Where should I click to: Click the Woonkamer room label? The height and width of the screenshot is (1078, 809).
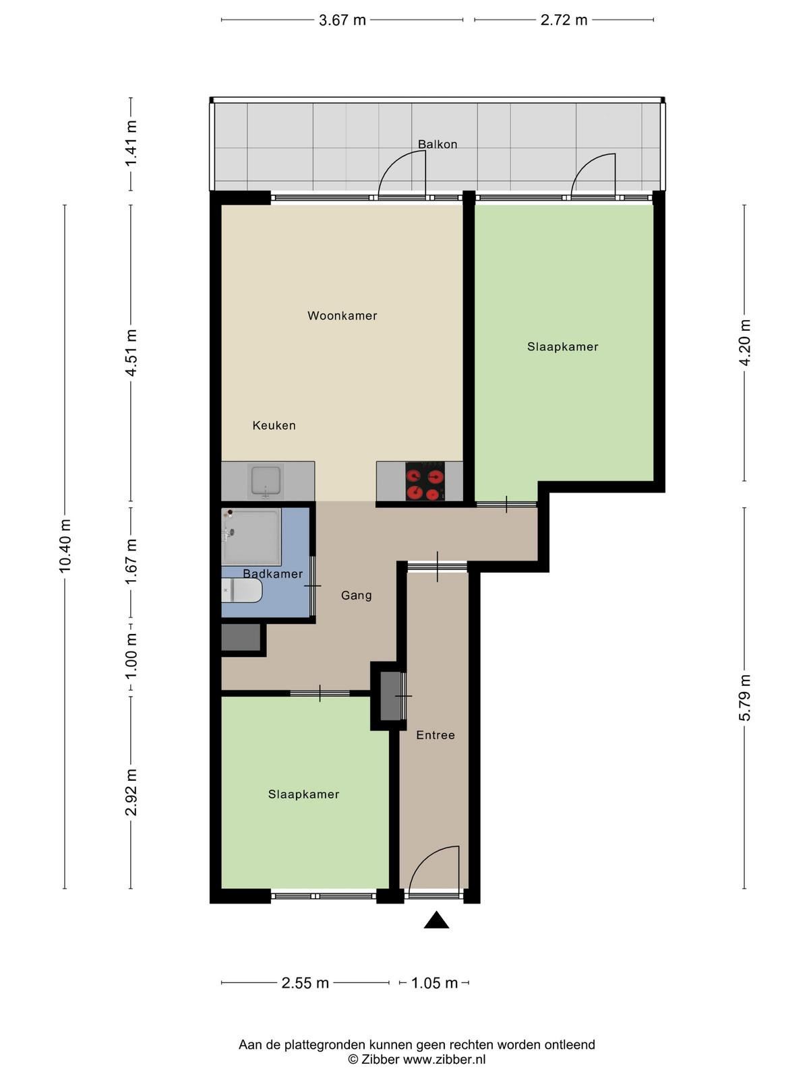[342, 316]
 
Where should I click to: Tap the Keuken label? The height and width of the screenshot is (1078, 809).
[274, 425]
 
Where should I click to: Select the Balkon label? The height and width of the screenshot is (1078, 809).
[437, 144]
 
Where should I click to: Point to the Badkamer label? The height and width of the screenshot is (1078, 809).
[272, 573]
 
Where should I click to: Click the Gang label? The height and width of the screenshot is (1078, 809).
[356, 596]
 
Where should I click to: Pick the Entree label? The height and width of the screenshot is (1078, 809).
[436, 735]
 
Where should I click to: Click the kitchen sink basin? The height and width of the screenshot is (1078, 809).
[266, 481]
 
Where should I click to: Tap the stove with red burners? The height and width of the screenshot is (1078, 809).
[425, 481]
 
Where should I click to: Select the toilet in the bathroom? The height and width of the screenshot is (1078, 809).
[241, 590]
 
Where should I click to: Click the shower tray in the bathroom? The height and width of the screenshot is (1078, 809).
[251, 537]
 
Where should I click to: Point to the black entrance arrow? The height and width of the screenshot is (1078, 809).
[436, 920]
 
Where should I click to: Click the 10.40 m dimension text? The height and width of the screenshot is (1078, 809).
[65, 546]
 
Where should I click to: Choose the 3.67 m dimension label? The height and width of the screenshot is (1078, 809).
[342, 20]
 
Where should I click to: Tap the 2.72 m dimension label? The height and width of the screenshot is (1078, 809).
[564, 20]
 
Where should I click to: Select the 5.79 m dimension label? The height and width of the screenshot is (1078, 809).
[744, 697]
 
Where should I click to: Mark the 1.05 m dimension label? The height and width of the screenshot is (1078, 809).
[434, 983]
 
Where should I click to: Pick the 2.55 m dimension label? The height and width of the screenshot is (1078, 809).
[305, 983]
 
